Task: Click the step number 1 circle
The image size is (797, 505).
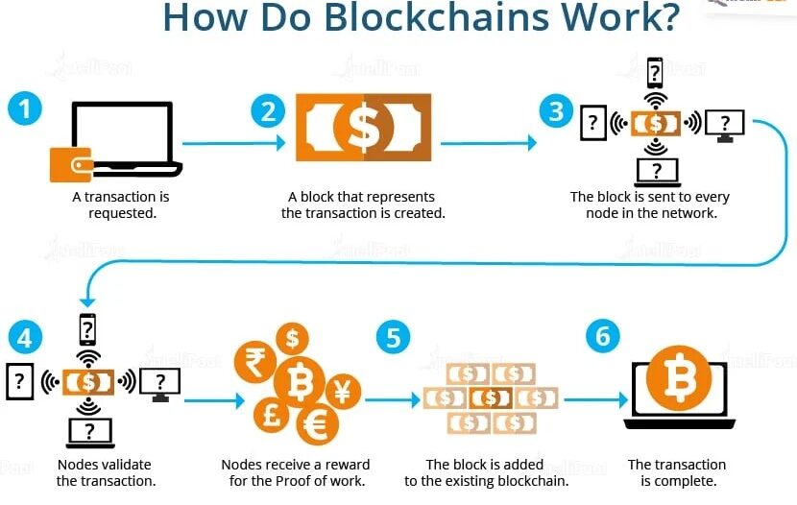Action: point(25,108)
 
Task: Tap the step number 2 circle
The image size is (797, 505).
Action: point(268,110)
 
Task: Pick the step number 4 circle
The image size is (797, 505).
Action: point(25,338)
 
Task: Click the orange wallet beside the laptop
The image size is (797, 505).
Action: point(70,163)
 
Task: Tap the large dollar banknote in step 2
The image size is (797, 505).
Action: point(363,127)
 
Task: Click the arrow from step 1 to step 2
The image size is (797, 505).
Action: point(233,143)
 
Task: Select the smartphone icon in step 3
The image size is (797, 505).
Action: point(655,72)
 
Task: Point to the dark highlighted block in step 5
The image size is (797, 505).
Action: point(490,397)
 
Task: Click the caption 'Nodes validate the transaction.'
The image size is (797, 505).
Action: point(106,472)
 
